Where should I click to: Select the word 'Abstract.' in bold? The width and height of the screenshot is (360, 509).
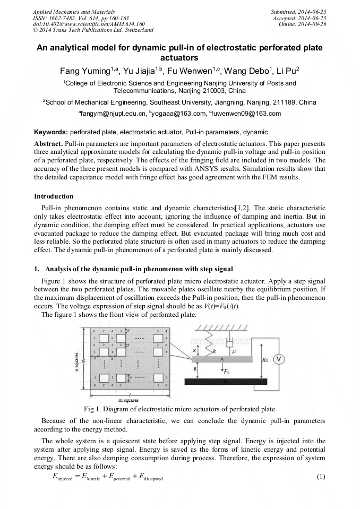(48, 144)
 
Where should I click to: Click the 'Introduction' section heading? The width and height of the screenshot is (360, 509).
(54, 196)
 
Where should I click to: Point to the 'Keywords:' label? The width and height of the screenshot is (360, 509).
(51, 132)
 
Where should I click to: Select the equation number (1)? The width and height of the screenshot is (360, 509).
(320, 476)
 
